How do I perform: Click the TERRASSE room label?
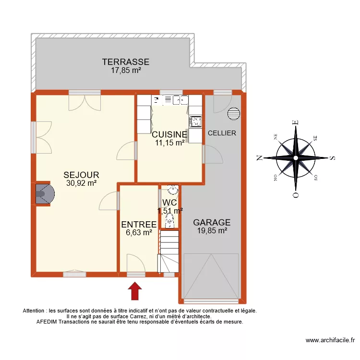point(125,62)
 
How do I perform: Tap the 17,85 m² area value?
point(125,70)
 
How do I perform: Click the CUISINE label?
point(169,134)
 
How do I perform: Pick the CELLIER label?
point(222,133)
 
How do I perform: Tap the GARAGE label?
point(212,223)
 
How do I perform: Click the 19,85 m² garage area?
point(212,231)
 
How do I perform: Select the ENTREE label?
point(139,225)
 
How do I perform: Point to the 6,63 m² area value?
point(139,233)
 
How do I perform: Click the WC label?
point(170,203)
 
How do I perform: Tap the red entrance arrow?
point(136,291)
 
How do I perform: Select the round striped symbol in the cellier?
point(234,113)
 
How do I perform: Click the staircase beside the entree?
point(169,252)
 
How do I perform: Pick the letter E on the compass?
point(296,122)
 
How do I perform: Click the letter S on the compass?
point(332,157)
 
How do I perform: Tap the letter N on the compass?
point(259,157)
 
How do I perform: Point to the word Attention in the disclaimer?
point(35,311)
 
